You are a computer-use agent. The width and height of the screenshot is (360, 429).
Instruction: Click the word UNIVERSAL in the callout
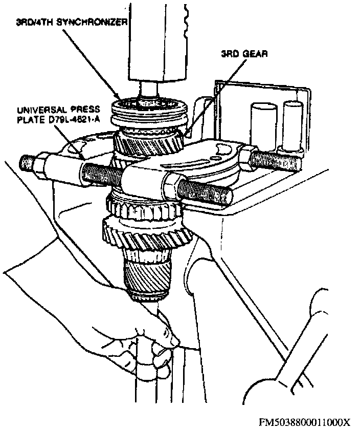[39, 110]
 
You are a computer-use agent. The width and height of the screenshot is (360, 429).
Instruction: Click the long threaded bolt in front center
[102, 171]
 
